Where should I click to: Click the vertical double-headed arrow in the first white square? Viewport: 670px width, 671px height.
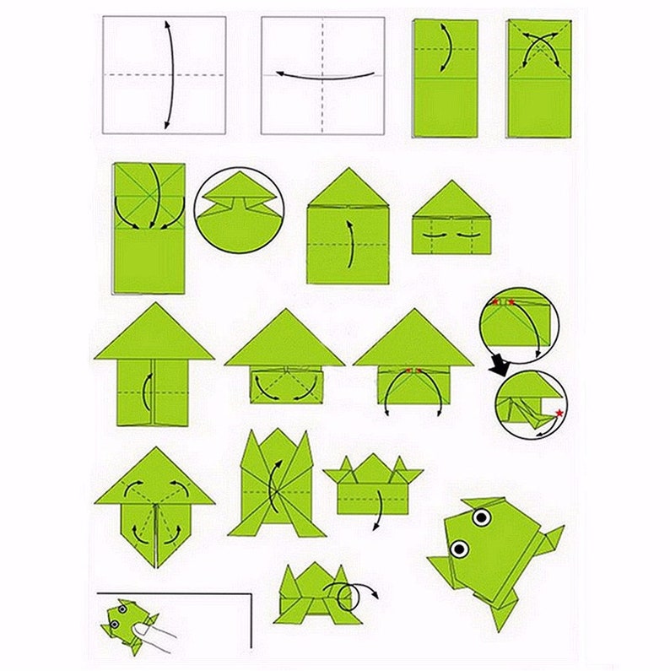[170, 74]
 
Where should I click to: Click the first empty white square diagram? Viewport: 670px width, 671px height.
[164, 75]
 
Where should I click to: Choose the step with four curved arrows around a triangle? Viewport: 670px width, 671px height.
[154, 506]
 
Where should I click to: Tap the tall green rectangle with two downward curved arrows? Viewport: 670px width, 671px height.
[149, 228]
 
